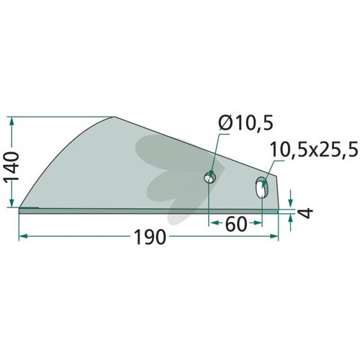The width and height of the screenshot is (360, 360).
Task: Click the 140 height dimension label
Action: pos(12,166)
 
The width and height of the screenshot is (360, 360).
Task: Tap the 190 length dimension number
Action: pos(150,237)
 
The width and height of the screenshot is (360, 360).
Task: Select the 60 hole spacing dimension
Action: pos(236,224)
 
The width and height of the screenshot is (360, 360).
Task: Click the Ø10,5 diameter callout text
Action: pos(246,124)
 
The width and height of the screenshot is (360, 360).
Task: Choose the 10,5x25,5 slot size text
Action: pos(314,149)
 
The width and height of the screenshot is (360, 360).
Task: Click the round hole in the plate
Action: pos(210,178)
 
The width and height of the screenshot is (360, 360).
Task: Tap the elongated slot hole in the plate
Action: pos(262,187)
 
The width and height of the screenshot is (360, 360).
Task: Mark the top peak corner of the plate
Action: pos(115,117)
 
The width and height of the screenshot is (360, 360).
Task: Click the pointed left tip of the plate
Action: pos(19,207)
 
